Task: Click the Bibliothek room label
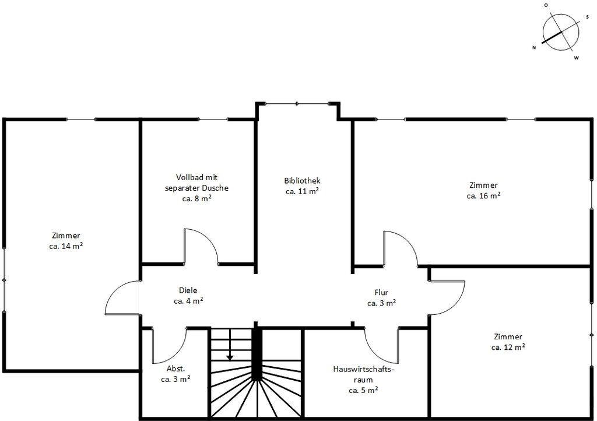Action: click(303, 181)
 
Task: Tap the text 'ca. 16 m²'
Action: click(483, 196)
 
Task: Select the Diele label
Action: click(188, 290)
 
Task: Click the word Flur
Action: click(381, 292)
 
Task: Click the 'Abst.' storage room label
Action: click(176, 369)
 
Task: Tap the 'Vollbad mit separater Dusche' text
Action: click(197, 183)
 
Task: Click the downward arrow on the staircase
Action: click(230, 345)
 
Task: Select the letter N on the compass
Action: click(534, 48)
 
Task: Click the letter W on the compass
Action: click(577, 58)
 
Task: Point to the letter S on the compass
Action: click(588, 17)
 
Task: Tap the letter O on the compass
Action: click(546, 5)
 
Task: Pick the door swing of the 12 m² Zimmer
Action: click(455, 306)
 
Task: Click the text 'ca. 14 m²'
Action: click(66, 246)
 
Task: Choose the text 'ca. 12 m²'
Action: click(508, 347)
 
